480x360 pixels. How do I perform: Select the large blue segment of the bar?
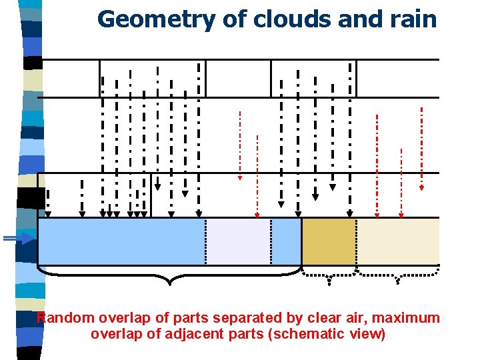tap(120, 241)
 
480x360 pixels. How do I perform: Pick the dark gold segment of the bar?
tap(329, 241)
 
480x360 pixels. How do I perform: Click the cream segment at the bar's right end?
tap(397, 241)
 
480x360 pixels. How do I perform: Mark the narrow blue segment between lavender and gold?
tap(286, 241)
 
